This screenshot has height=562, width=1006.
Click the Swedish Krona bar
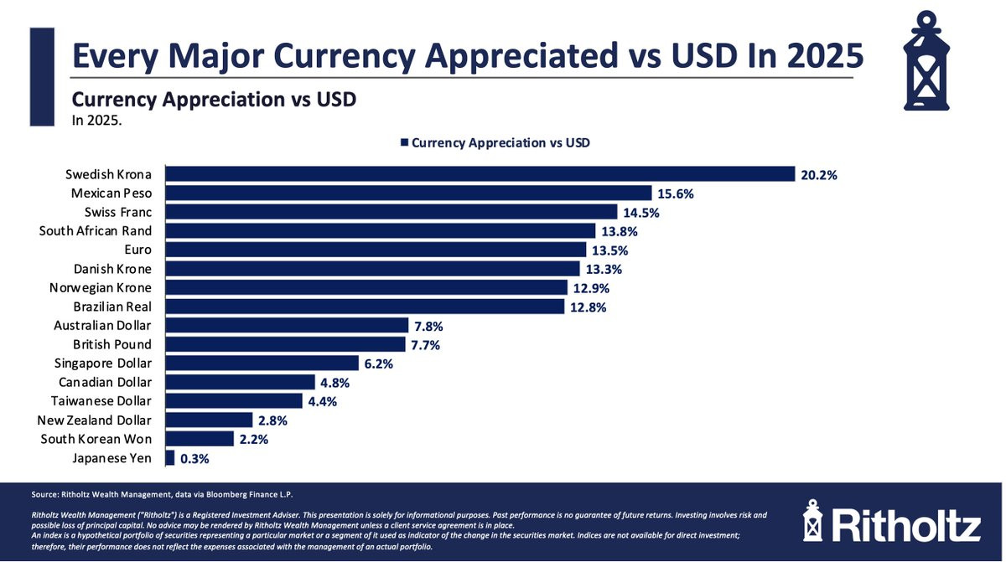coord(480,174)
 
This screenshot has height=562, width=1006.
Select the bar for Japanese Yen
coord(169,458)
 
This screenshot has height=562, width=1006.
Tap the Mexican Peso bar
coord(408,193)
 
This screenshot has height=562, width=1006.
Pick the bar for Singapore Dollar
coord(262,363)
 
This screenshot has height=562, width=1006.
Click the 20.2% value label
coord(819,175)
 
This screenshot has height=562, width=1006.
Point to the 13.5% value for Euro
coord(609,250)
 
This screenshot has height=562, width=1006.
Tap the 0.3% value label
coord(194,459)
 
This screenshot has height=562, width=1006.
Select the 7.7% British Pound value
coord(425,345)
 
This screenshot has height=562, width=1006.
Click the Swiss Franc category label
coord(118,212)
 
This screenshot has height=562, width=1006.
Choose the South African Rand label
coord(96,231)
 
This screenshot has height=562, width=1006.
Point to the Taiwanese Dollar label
coord(101,401)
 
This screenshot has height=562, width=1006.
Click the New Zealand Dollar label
coord(94,420)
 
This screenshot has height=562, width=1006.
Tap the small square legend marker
coord(404,142)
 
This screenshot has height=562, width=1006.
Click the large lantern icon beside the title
coord(926,60)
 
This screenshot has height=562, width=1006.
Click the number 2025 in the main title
coord(824,55)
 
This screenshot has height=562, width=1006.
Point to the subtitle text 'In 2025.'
coord(96,121)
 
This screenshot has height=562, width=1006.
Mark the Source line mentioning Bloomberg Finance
coord(162,494)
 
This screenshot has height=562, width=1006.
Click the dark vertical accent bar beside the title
coord(42,77)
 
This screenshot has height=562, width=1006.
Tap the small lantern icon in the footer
coord(813,521)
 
